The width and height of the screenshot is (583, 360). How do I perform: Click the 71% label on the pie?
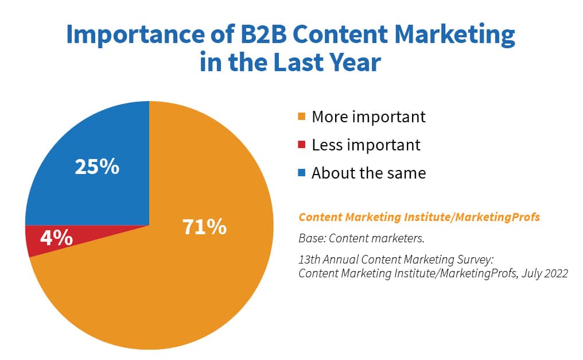coord(205,227)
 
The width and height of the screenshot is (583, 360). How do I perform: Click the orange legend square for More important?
coord(302,118)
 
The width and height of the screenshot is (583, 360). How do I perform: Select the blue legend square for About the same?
coord(302,173)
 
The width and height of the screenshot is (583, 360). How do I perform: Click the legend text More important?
coord(368,117)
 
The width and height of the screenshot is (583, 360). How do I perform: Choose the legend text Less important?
coord(366,145)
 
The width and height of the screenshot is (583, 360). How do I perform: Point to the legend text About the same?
coord(368,173)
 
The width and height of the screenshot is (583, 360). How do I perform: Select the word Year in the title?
coord(353,62)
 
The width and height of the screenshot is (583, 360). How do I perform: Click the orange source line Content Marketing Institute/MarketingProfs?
coord(419,218)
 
